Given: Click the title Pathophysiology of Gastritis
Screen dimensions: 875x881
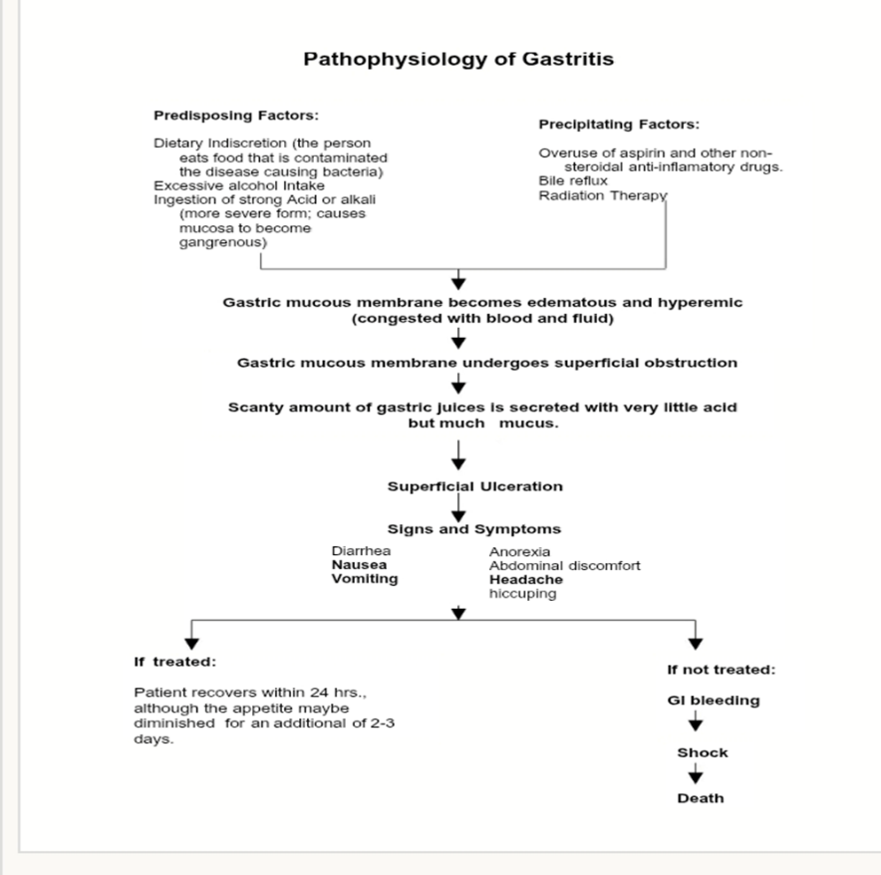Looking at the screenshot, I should pyautogui.click(x=458, y=59).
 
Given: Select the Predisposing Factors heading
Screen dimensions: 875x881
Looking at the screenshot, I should pyautogui.click(x=236, y=116).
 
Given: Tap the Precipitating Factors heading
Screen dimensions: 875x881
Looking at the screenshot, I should pyautogui.click(x=619, y=125).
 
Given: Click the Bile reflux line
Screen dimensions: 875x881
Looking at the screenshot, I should pyautogui.click(x=573, y=181).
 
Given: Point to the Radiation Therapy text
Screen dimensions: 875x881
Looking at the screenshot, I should pyautogui.click(x=602, y=195).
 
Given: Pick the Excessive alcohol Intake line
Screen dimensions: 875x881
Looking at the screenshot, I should pyautogui.click(x=225, y=185).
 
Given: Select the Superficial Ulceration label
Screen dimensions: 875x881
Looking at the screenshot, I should pyautogui.click(x=474, y=486).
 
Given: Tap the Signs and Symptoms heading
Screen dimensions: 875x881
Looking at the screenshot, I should pyautogui.click(x=473, y=529).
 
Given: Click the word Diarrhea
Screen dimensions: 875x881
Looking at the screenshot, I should pyautogui.click(x=361, y=550).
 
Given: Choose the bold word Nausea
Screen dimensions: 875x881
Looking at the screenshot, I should pyautogui.click(x=359, y=564).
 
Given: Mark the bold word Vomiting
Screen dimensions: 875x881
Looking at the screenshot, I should pyautogui.click(x=364, y=579).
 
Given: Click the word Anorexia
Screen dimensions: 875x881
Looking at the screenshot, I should pyautogui.click(x=519, y=551).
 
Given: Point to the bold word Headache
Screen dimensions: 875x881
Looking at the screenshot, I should pyautogui.click(x=525, y=579).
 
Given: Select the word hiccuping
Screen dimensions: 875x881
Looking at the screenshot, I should pyautogui.click(x=522, y=593).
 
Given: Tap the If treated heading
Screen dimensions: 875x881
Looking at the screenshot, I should pyautogui.click(x=175, y=662).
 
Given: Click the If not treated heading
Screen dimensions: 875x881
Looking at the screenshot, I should pyautogui.click(x=721, y=670).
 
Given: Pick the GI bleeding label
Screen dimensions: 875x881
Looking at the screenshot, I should pyautogui.click(x=713, y=701).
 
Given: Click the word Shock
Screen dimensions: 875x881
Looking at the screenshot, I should pyautogui.click(x=703, y=752).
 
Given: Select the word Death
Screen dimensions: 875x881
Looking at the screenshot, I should pyautogui.click(x=701, y=798).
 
